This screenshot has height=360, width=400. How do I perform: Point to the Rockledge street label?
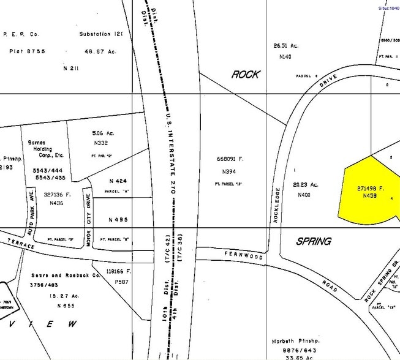point(277,204)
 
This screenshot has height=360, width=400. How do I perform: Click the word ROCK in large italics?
point(245,75)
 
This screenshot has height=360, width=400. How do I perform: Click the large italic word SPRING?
point(314,241)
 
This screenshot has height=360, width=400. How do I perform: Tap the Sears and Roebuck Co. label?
point(66,276)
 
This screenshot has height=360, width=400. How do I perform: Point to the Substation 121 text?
point(101,34)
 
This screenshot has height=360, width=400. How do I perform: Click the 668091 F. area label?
point(230,159)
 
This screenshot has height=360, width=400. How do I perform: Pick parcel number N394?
point(229,172)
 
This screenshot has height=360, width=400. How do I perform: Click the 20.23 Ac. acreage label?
point(306,184)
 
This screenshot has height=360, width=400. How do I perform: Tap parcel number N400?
point(304,195)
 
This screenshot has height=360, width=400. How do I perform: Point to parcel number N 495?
point(118,220)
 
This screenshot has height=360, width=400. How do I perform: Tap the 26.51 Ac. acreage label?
point(285,45)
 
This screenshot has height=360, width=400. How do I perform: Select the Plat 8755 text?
point(27,51)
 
